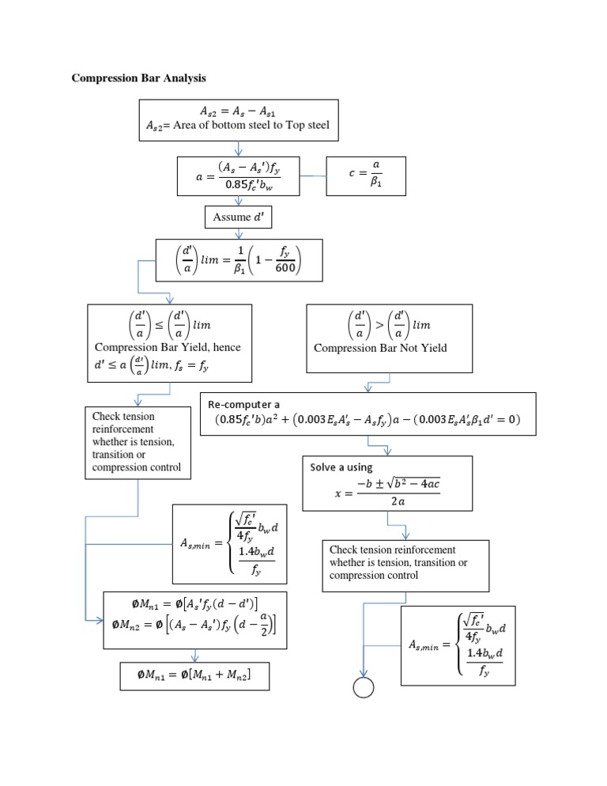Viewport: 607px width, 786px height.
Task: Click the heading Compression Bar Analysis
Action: (139, 78)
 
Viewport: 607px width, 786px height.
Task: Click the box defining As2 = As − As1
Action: (239, 118)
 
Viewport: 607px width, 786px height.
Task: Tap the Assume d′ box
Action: (238, 217)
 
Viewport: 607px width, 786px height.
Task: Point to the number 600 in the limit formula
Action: (285, 268)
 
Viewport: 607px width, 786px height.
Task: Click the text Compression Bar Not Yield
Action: (380, 348)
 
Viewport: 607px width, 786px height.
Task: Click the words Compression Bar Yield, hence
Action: (168, 347)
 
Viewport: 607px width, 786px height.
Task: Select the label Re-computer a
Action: (244, 404)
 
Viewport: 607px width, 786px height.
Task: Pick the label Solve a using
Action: (341, 467)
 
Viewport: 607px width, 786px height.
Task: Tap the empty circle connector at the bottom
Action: (363, 689)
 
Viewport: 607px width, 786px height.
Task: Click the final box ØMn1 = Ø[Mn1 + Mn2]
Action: (194, 675)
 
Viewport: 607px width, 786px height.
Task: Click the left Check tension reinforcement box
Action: (138, 442)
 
